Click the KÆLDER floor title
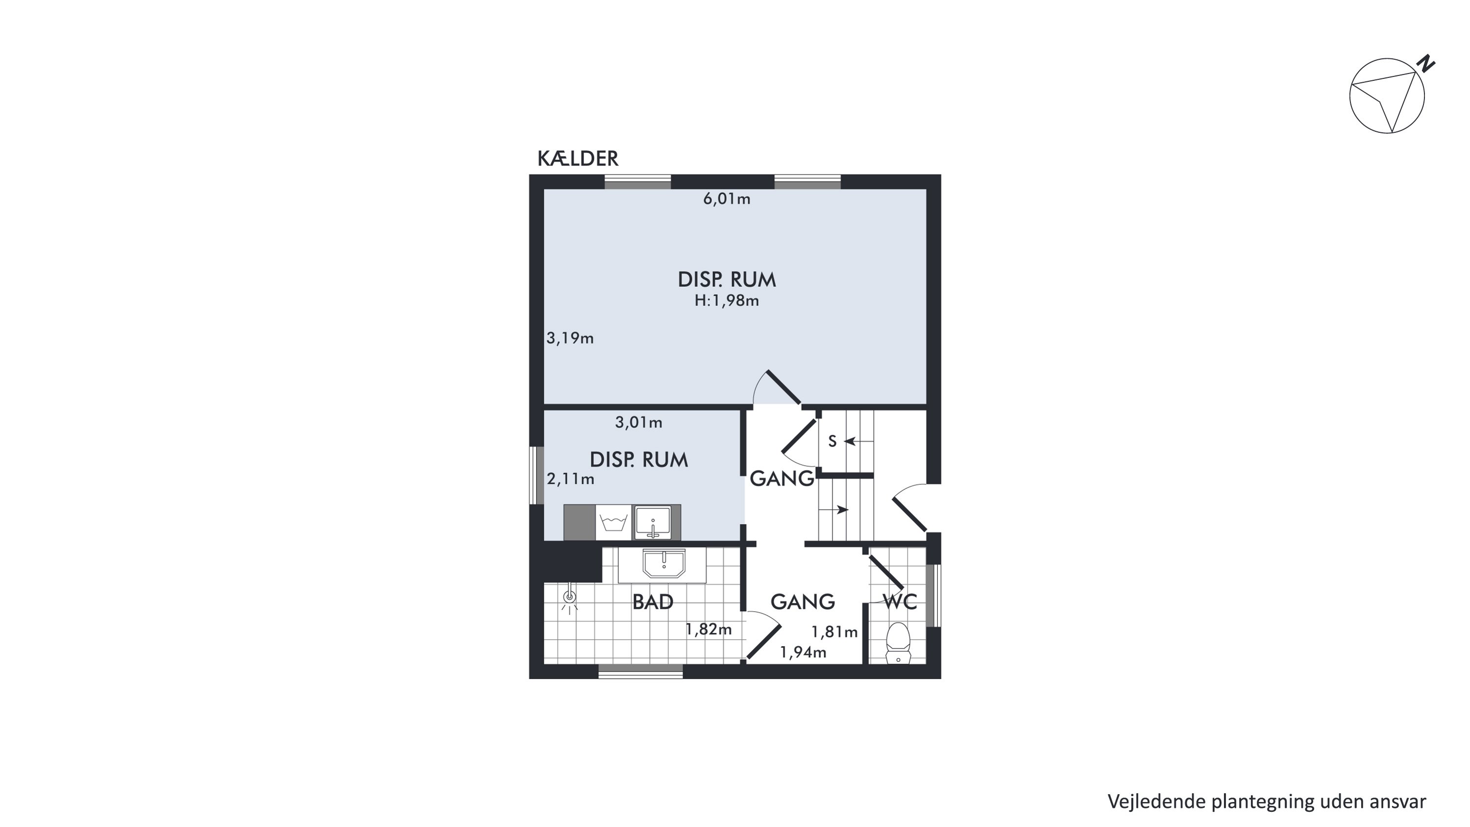click(x=578, y=159)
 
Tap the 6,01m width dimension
click(x=727, y=199)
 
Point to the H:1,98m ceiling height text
click(x=727, y=301)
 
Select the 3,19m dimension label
click(x=570, y=338)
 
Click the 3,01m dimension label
click(x=638, y=423)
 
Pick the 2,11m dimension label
click(x=571, y=479)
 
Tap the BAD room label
click(x=653, y=602)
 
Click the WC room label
click(x=900, y=601)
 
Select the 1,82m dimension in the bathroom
click(x=708, y=629)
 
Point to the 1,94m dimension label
click(x=803, y=652)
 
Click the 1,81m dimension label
click(x=834, y=632)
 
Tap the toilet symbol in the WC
click(x=898, y=643)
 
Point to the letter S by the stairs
click(x=832, y=441)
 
